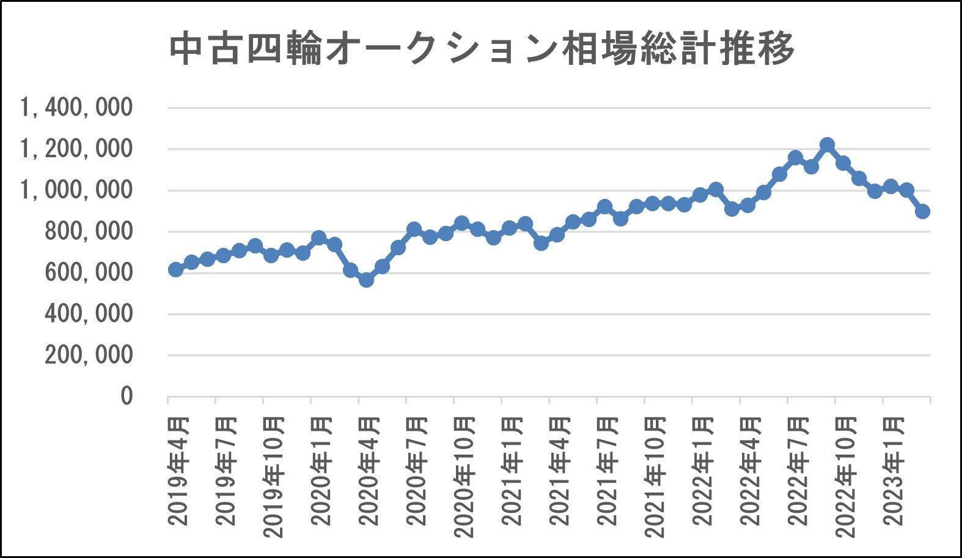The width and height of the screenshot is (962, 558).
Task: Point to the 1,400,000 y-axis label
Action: (x=76, y=108)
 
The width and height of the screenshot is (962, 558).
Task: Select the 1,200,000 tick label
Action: (x=76, y=149)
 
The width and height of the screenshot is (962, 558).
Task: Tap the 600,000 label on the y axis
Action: (x=89, y=273)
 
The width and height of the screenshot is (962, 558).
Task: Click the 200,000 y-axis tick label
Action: (x=89, y=355)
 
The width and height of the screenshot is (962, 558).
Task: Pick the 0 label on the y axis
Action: (x=126, y=396)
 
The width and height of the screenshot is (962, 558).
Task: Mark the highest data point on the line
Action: (x=828, y=145)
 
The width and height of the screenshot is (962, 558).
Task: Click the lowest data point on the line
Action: (x=366, y=280)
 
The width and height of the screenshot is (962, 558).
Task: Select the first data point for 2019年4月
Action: (x=175, y=269)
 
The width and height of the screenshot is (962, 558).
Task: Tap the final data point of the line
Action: (x=923, y=211)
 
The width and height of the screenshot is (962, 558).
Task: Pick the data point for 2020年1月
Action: (x=318, y=238)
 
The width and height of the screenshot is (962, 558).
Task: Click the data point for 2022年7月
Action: (x=795, y=158)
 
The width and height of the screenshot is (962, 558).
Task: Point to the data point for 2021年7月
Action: (x=604, y=207)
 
